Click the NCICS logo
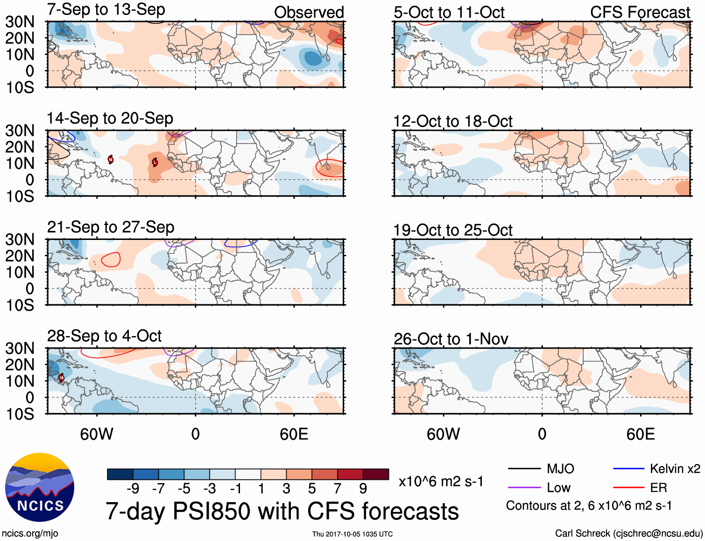(x=40, y=487)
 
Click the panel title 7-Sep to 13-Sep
(x=106, y=9)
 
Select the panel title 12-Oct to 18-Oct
(x=452, y=121)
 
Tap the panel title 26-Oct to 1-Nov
(x=451, y=339)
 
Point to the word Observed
(x=309, y=12)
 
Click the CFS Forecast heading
(x=640, y=12)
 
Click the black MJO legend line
(x=524, y=469)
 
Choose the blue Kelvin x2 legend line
(x=628, y=469)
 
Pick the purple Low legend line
(x=524, y=488)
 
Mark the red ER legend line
(x=628, y=488)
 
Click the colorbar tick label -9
(x=133, y=488)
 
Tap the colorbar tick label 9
(x=363, y=488)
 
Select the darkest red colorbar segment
(x=376, y=474)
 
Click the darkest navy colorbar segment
(x=120, y=474)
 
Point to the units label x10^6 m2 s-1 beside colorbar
(x=441, y=481)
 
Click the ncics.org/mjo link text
(x=30, y=533)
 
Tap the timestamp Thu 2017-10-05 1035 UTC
(x=352, y=534)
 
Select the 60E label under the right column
(x=641, y=434)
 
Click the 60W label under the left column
(x=97, y=434)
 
